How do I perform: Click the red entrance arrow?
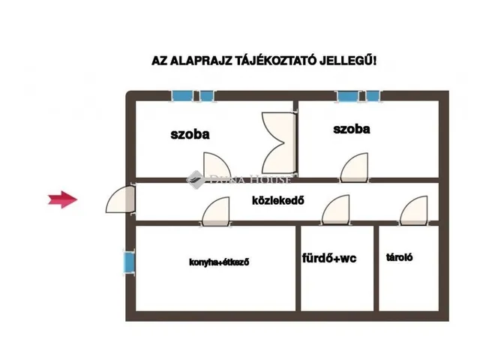[64, 199]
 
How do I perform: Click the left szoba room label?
[190, 135]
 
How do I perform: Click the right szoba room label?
[352, 129]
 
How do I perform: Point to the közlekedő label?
[277, 200]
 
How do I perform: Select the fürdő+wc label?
[328, 259]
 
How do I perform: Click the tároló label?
[399, 256]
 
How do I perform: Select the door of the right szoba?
[354, 168]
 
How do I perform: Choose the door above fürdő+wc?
[336, 210]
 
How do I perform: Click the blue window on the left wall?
[130, 262]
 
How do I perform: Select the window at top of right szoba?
[358, 96]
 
